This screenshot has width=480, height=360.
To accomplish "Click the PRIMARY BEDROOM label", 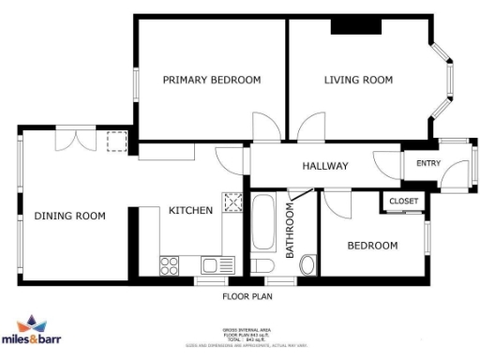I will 211,80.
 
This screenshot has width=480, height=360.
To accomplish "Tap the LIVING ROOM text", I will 358,80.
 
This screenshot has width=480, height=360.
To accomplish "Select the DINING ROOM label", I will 70,216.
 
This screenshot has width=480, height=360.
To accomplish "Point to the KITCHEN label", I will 190,210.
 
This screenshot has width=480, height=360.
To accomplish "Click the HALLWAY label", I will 325,166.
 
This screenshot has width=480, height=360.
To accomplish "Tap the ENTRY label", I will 427,164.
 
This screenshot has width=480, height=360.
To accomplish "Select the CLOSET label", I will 403,202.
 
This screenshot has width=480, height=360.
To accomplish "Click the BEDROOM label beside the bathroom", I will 372,246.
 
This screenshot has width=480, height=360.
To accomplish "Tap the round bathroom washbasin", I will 307,266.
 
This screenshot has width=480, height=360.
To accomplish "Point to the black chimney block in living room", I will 356,27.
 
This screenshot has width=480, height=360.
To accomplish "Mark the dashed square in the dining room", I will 117,142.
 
